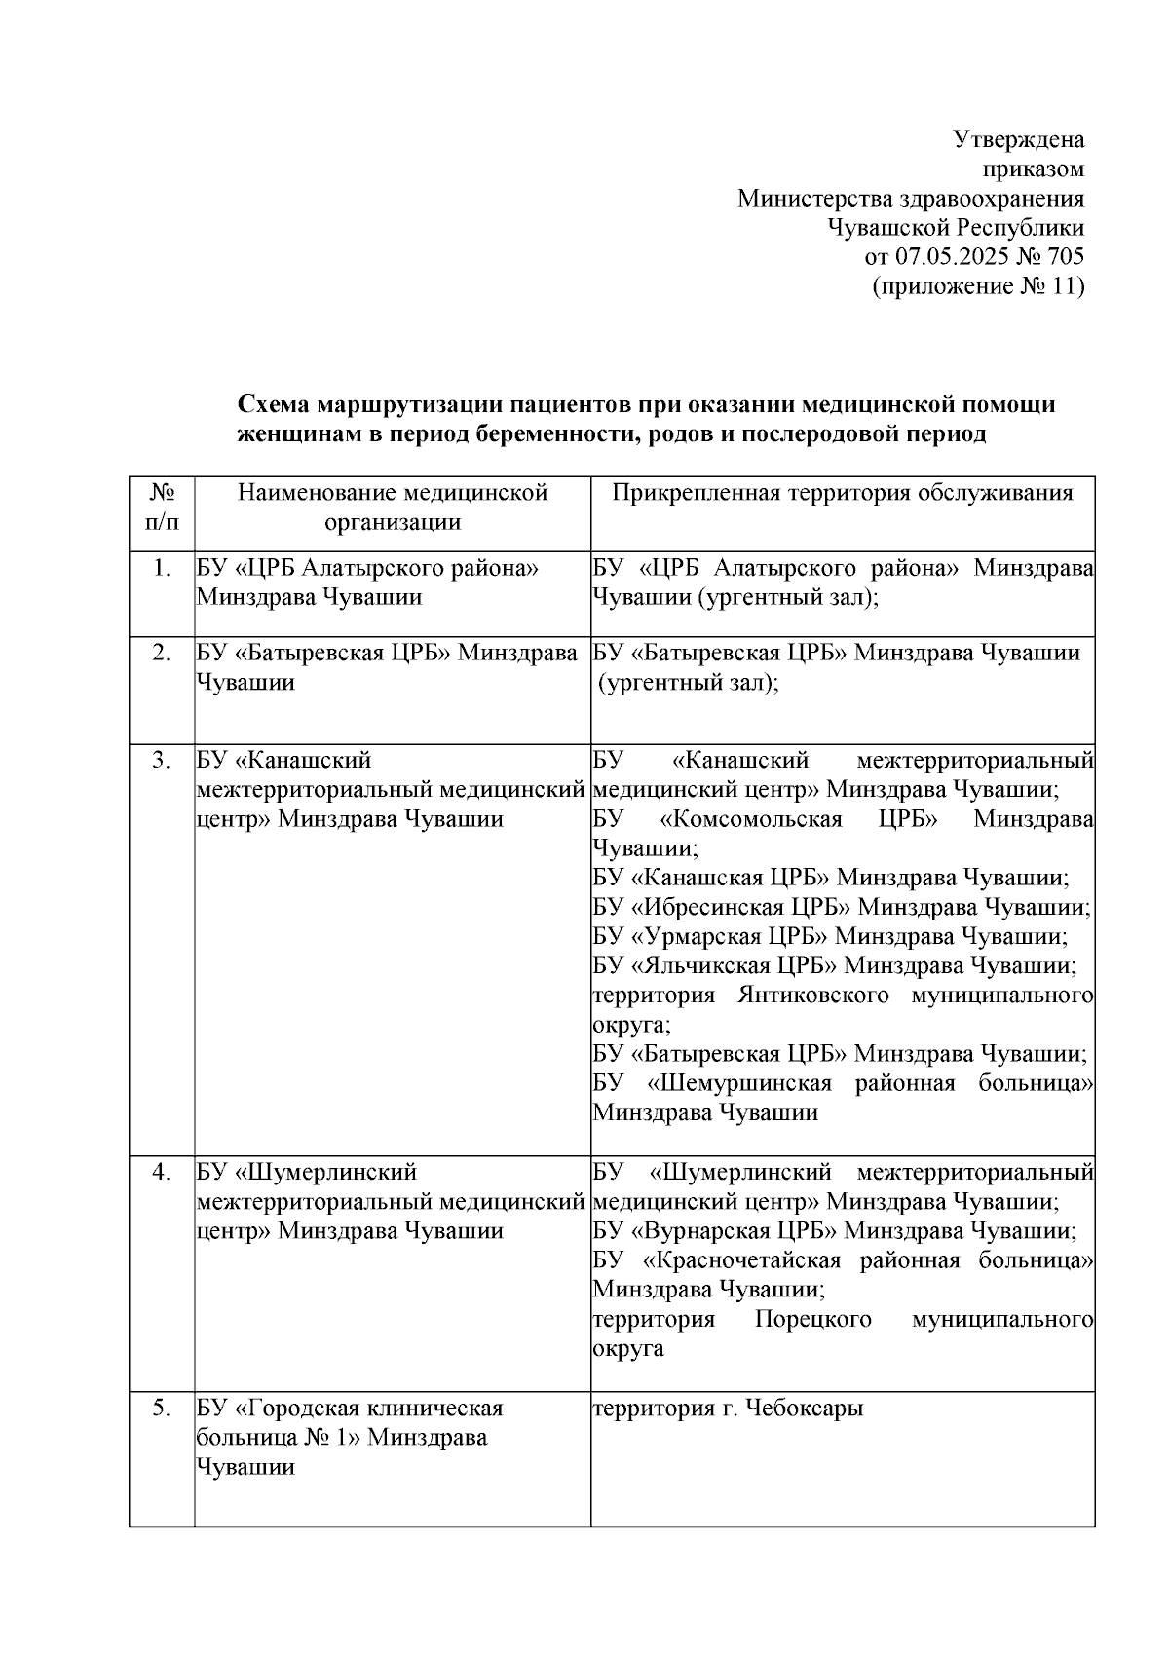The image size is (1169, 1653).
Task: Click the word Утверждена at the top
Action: click(x=1018, y=139)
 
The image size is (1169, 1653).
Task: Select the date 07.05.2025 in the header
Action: click(x=950, y=257)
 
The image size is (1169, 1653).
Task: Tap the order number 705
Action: click(x=1063, y=257)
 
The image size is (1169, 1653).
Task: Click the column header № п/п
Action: click(x=163, y=507)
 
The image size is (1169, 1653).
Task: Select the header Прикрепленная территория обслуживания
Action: click(x=843, y=493)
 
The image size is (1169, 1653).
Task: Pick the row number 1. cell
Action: click(x=163, y=568)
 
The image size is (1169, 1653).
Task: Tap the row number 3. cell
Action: click(x=163, y=760)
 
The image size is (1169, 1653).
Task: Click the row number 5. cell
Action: click(x=163, y=1409)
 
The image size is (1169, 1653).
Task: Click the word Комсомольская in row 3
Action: click(x=750, y=818)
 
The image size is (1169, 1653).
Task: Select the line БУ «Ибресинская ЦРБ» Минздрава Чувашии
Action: click(x=842, y=907)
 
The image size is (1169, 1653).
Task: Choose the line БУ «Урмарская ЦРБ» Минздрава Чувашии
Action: click(x=830, y=936)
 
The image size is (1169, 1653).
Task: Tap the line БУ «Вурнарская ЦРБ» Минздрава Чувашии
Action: click(x=835, y=1230)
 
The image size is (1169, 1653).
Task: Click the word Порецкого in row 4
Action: click(x=812, y=1319)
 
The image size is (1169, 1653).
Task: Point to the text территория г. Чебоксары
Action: click(x=728, y=1409)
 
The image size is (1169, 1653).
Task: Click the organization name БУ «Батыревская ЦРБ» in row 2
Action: click(x=322, y=653)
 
